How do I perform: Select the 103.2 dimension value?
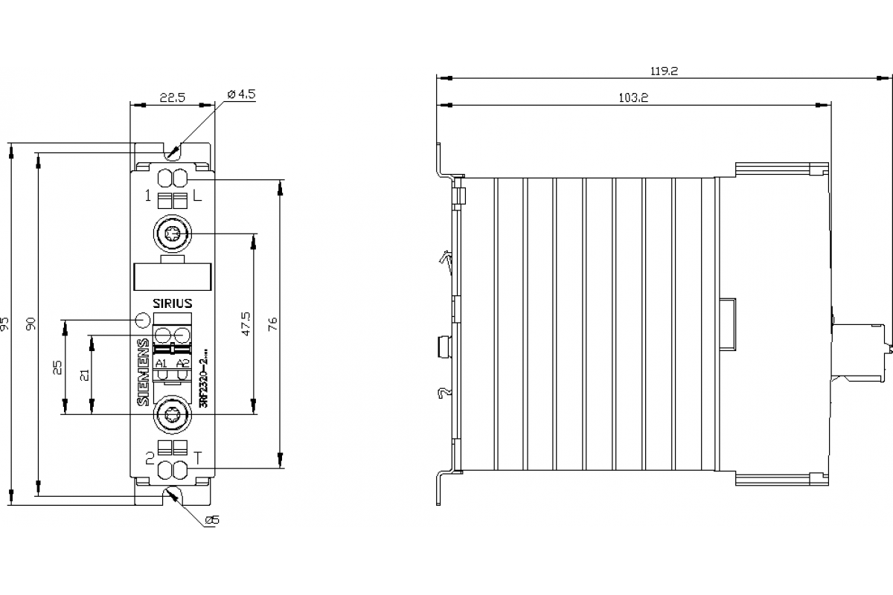pos(633,98)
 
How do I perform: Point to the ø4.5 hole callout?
pos(241,94)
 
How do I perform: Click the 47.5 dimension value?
pos(246,325)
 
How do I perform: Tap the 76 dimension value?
pos(273,324)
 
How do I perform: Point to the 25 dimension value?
pos(59,367)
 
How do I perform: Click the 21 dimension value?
pos(85,374)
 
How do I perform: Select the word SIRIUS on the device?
pos(173,303)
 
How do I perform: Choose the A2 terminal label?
pos(182,363)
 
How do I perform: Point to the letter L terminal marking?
pos(197,197)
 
